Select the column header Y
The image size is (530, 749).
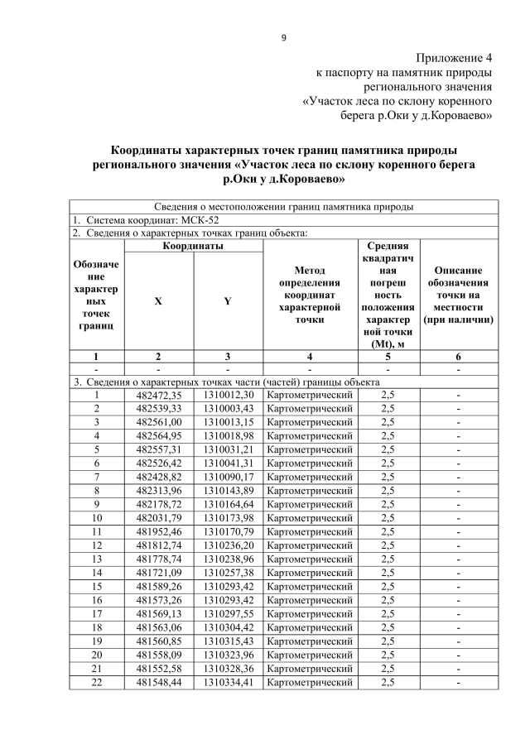point(228,300)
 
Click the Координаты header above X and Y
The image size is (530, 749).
point(192,246)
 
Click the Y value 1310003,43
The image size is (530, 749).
point(228,409)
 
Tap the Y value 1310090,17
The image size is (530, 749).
point(228,476)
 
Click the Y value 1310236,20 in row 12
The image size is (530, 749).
point(228,544)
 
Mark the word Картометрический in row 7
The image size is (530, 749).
point(310,476)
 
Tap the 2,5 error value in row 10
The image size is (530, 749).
point(388,516)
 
